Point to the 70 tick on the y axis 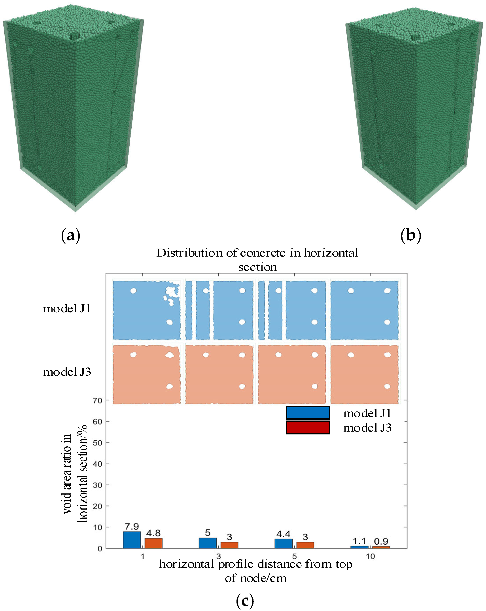click(x=97, y=400)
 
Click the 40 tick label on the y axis click(x=97, y=464)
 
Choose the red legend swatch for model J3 click(x=308, y=427)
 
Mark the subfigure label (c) click(x=245, y=601)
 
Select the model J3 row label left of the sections click(x=67, y=372)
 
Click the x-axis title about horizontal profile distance click(x=256, y=571)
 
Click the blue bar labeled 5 click(x=208, y=543)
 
